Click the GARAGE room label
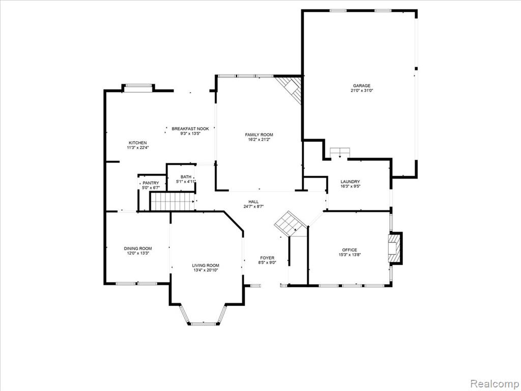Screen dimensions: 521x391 pyautogui.click(x=362, y=86)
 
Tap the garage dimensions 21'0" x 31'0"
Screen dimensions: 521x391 pyautogui.click(x=362, y=91)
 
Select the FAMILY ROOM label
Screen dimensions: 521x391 pyautogui.click(x=259, y=134)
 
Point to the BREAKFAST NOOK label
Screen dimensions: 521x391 pyautogui.click(x=190, y=129)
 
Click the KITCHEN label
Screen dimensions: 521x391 pyautogui.click(x=137, y=143)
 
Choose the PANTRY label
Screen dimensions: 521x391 pyautogui.click(x=151, y=183)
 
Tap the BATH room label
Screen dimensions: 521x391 pyautogui.click(x=186, y=177)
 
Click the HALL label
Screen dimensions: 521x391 pyautogui.click(x=253, y=202)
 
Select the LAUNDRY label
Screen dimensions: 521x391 pyautogui.click(x=350, y=182)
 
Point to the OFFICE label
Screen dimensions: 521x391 pyautogui.click(x=350, y=250)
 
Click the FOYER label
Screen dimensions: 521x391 pyautogui.click(x=267, y=258)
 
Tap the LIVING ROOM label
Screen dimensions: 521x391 pyautogui.click(x=206, y=265)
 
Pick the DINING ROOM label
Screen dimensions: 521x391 pyautogui.click(x=138, y=248)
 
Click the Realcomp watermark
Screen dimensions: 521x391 pyautogui.click(x=494, y=383)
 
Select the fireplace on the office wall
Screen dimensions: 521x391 pyautogui.click(x=395, y=248)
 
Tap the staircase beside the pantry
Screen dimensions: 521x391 pyautogui.click(x=172, y=202)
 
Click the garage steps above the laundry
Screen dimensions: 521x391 pyautogui.click(x=340, y=152)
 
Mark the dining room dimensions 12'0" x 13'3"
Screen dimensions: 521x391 pyautogui.click(x=138, y=253)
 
